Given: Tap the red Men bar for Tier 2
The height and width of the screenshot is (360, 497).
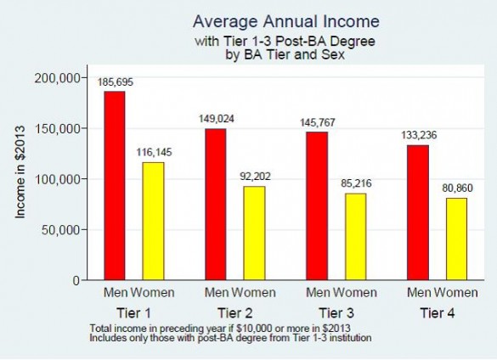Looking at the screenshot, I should click(216, 204).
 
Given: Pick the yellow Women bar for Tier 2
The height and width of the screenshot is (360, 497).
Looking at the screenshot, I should click(254, 233).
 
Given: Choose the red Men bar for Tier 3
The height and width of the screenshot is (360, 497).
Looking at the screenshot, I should click(316, 205).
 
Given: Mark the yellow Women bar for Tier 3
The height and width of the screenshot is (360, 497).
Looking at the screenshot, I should click(355, 236).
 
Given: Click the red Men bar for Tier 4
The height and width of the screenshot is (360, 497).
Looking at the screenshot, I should click(417, 212).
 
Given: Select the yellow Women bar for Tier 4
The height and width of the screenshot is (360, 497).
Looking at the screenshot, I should click(456, 239).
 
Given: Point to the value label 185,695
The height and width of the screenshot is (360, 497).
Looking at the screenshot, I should click(115, 82).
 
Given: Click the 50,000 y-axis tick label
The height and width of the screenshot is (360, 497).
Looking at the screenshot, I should click(62, 229).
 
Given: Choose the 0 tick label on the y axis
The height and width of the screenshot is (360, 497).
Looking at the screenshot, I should click(76, 280).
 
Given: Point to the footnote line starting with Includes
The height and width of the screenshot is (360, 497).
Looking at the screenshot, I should click(229, 338).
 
